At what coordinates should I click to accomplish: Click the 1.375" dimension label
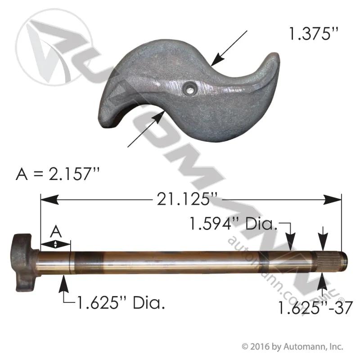point(314,34)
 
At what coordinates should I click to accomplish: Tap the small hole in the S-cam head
point(189,88)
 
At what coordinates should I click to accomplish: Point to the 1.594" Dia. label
point(233,223)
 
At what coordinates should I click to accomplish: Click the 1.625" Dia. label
point(121,302)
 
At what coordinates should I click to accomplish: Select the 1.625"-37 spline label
point(315,308)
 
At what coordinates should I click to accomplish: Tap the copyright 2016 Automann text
point(292,346)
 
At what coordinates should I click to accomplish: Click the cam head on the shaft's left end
point(25,262)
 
